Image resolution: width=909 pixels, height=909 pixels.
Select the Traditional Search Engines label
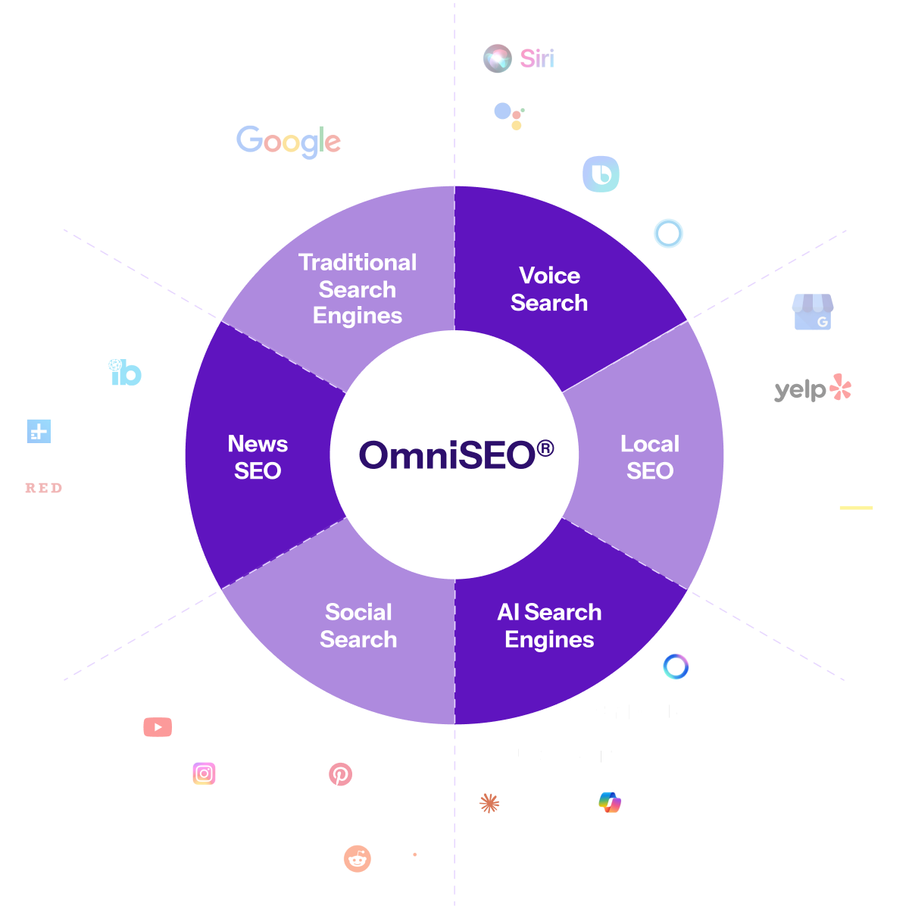tap(358, 289)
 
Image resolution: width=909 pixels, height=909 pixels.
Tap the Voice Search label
tap(549, 289)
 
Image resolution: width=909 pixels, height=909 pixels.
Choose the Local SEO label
tap(650, 457)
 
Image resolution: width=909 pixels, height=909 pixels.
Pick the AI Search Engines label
tap(549, 626)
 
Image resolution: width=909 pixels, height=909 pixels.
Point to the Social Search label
tap(358, 626)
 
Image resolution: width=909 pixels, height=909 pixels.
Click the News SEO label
tap(258, 457)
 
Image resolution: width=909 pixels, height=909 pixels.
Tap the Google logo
tap(289, 142)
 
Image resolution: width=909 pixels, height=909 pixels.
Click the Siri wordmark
tap(537, 58)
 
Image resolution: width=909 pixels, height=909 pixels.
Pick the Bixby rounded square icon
tap(601, 174)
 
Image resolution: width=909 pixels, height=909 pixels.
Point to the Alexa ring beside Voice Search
tap(668, 233)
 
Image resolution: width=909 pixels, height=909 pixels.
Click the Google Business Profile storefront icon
tap(813, 312)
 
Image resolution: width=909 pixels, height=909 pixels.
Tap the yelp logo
tap(813, 389)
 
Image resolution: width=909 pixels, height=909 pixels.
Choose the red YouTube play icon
tap(158, 727)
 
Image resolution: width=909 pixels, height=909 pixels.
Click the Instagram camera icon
tap(204, 773)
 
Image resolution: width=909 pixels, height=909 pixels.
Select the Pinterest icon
tap(340, 774)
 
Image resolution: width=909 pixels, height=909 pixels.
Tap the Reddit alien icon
tap(358, 859)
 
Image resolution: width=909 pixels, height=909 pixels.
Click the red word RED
tap(43, 489)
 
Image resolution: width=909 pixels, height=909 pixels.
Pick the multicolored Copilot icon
tap(610, 802)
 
